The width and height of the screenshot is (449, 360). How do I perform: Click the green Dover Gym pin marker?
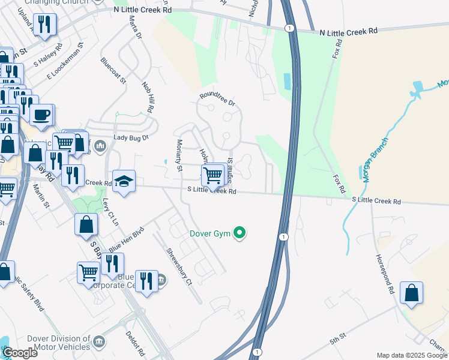point(240,233)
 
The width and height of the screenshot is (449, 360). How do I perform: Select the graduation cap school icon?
point(124,181)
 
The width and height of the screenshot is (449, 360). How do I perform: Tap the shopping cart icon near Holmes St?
point(213,175)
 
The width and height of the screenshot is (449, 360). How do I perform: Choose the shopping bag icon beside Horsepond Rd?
point(411,293)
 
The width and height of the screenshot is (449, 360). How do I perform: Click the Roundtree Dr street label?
point(217,99)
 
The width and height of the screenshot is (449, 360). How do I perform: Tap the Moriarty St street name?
point(178,155)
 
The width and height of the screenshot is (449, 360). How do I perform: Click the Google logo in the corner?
point(20,353)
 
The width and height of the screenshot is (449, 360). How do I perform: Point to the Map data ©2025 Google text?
point(411,355)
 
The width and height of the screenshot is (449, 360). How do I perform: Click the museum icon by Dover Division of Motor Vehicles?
point(100,342)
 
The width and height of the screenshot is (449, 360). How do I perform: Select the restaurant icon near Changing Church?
point(45,24)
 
